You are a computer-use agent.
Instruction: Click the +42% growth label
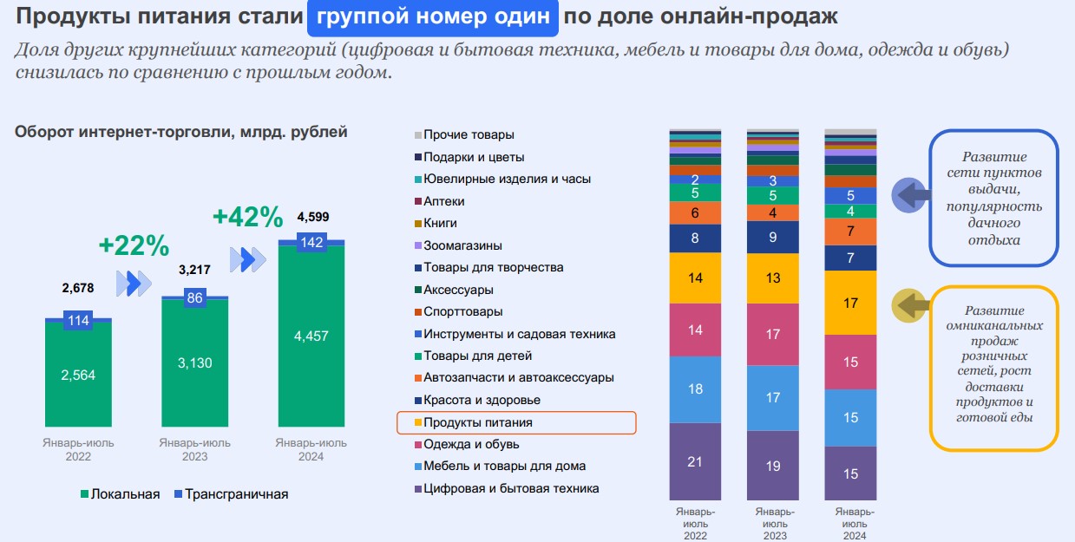(248, 217)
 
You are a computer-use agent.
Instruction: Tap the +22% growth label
(134, 245)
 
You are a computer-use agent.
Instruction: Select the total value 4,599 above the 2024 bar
(312, 217)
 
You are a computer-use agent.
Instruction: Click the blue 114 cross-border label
(79, 320)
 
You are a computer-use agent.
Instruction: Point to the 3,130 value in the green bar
(195, 362)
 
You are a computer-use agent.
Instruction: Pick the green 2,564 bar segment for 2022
(79, 375)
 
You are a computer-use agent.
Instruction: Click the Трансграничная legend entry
(231, 494)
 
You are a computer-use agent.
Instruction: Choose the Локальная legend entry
(121, 494)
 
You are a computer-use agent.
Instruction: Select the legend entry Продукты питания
(478, 422)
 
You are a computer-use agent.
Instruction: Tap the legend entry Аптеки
(443, 201)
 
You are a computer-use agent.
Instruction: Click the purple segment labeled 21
(695, 461)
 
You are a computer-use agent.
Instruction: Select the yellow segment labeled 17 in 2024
(850, 303)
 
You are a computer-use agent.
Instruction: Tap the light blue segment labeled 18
(695, 389)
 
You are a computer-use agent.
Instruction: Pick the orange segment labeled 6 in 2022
(695, 213)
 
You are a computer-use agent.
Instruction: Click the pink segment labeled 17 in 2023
(773, 334)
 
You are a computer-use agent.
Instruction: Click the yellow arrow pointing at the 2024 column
(908, 306)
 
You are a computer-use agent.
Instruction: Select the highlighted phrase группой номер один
(432, 16)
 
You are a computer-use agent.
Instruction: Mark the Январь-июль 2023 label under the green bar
(195, 449)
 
